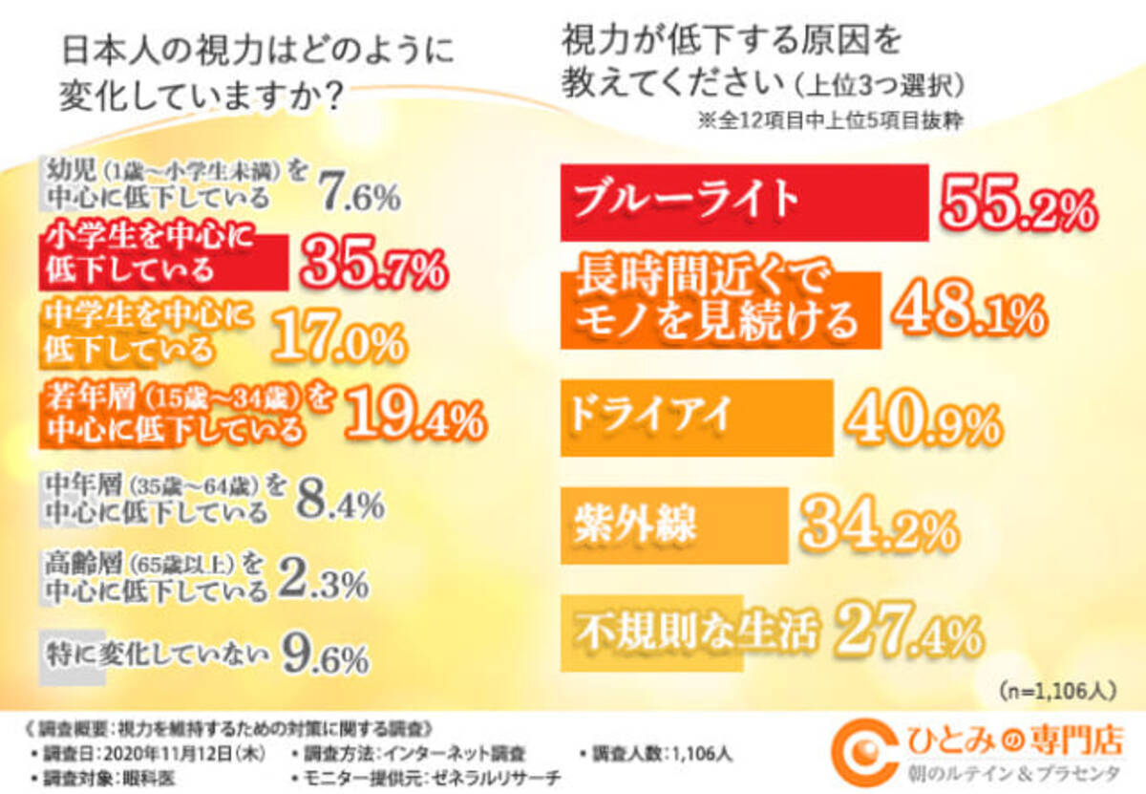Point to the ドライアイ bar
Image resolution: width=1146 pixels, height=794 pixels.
[x=696, y=417]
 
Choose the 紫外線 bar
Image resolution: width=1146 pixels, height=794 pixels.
[x=674, y=525]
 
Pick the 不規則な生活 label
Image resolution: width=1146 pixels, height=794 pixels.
[x=697, y=632]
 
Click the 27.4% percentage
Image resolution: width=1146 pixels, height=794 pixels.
[x=907, y=632]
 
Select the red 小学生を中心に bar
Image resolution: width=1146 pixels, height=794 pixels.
[x=162, y=259]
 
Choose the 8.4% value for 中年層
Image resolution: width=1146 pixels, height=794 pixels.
[x=339, y=502]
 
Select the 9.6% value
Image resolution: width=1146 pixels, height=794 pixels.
[x=325, y=656]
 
